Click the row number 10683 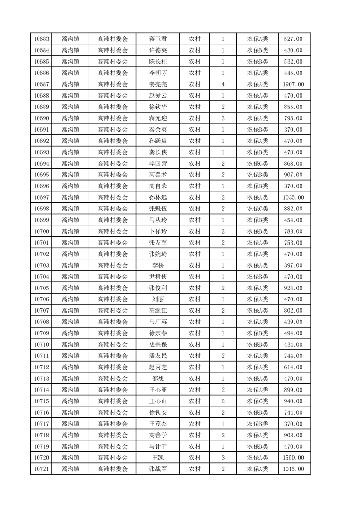pos(42,39)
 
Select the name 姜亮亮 pos(158,84)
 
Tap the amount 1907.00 pos(293,84)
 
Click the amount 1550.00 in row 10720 pos(293,458)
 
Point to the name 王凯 pos(158,458)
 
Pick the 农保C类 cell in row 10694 pos(258,164)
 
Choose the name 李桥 pos(158,265)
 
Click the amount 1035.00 pos(293,198)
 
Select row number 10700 pos(42,232)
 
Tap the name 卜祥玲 pos(158,232)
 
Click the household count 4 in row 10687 pos(223,84)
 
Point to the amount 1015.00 pos(293,470)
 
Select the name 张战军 pos(158,470)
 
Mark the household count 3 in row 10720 pos(223,458)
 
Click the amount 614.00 pos(293,367)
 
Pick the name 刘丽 pos(158,299)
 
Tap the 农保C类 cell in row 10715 pos(258,401)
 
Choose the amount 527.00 pos(293,39)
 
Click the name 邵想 pos(158,379)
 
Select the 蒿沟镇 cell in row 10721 pos(70,470)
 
